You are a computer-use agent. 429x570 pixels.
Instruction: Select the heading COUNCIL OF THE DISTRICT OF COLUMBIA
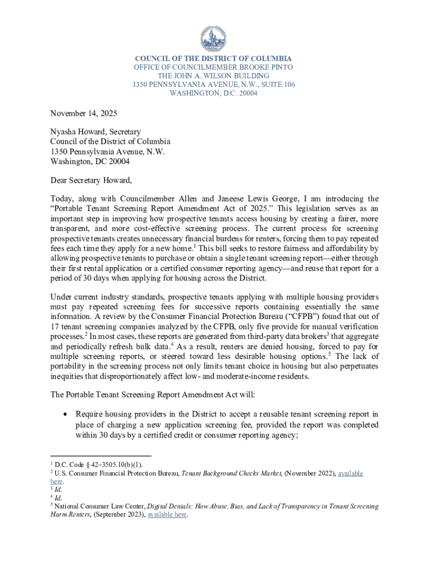tap(214, 58)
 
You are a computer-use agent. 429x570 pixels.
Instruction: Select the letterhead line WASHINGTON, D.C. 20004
tap(214, 94)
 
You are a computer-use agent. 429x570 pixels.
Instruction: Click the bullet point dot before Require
tap(66, 414)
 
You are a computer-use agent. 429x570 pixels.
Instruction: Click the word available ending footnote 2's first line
tap(346, 473)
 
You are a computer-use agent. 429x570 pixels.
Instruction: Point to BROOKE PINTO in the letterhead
tap(269, 67)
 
